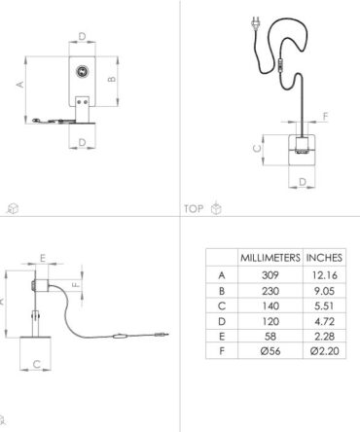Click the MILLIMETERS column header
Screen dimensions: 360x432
coord(270,258)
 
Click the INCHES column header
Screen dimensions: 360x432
coord(324,258)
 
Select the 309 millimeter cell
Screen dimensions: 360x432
coord(270,275)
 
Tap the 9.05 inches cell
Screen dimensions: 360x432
coord(324,291)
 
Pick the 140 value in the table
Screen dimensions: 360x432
coord(270,306)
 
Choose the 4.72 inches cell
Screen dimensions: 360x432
coord(324,321)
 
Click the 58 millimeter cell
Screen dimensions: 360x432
coord(270,337)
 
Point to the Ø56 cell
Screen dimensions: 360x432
coord(270,351)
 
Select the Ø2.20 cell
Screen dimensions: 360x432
coord(324,351)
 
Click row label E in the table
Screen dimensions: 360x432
coord(222,337)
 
